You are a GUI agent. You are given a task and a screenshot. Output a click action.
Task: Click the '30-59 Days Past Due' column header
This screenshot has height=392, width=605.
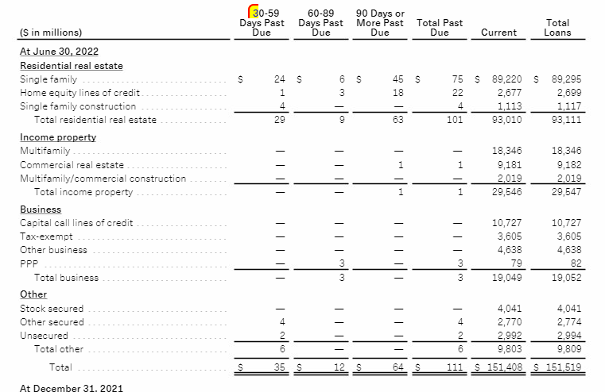(x=262, y=23)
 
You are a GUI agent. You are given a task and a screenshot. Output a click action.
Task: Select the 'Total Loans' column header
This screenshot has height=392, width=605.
(x=557, y=28)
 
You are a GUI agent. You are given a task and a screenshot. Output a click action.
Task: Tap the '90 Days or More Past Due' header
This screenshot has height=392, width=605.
(x=380, y=23)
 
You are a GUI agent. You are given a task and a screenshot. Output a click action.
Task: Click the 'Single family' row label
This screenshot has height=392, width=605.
(x=48, y=79)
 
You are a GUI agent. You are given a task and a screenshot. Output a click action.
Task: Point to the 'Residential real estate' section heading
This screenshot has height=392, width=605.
(x=71, y=66)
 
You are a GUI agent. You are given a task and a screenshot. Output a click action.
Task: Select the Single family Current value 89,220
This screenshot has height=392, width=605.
(x=507, y=79)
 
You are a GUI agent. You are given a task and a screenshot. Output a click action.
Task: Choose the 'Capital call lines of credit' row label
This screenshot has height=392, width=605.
(x=76, y=223)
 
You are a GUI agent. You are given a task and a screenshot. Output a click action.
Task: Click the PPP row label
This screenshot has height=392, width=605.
(x=29, y=263)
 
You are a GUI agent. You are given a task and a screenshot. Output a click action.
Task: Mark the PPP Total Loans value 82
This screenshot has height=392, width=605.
(x=575, y=263)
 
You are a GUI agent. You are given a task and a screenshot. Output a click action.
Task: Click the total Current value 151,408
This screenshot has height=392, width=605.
(x=502, y=367)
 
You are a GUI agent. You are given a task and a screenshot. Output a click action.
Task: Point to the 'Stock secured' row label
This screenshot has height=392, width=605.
(x=52, y=308)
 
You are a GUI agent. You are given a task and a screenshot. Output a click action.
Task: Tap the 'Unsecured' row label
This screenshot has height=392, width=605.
(x=43, y=335)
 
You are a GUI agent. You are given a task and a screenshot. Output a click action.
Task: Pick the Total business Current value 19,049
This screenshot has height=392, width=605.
(x=510, y=278)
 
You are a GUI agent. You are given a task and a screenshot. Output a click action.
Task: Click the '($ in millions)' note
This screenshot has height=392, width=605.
(x=50, y=33)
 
